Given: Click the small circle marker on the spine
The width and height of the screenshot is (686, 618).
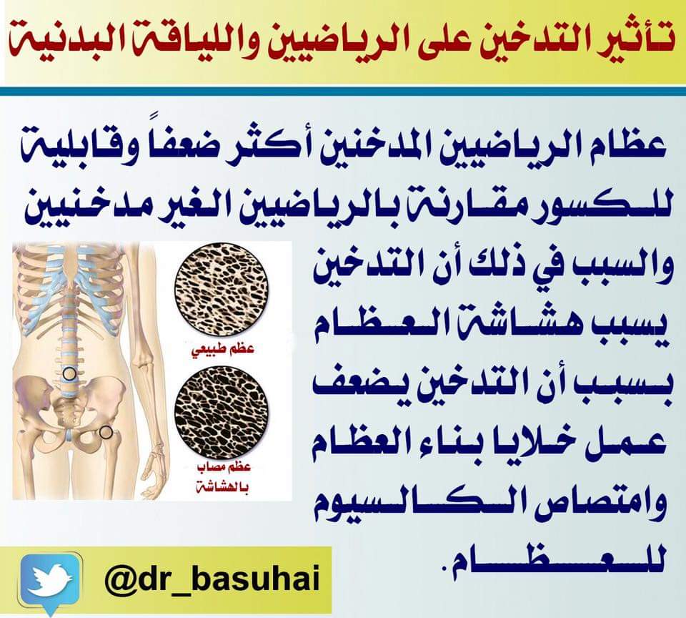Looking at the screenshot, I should click(x=69, y=373).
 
